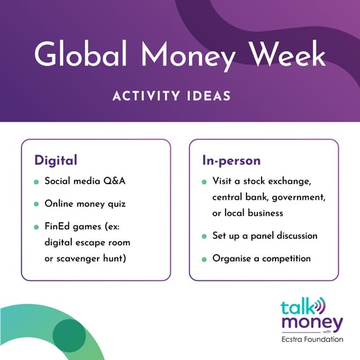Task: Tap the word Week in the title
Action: click(x=282, y=54)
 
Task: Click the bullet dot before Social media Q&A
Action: click(x=36, y=181)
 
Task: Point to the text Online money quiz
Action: click(x=86, y=204)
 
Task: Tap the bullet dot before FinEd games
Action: click(x=36, y=226)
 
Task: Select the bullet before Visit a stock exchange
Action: click(x=204, y=182)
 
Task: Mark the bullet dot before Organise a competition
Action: click(x=204, y=259)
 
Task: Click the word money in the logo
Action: click(x=312, y=323)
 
